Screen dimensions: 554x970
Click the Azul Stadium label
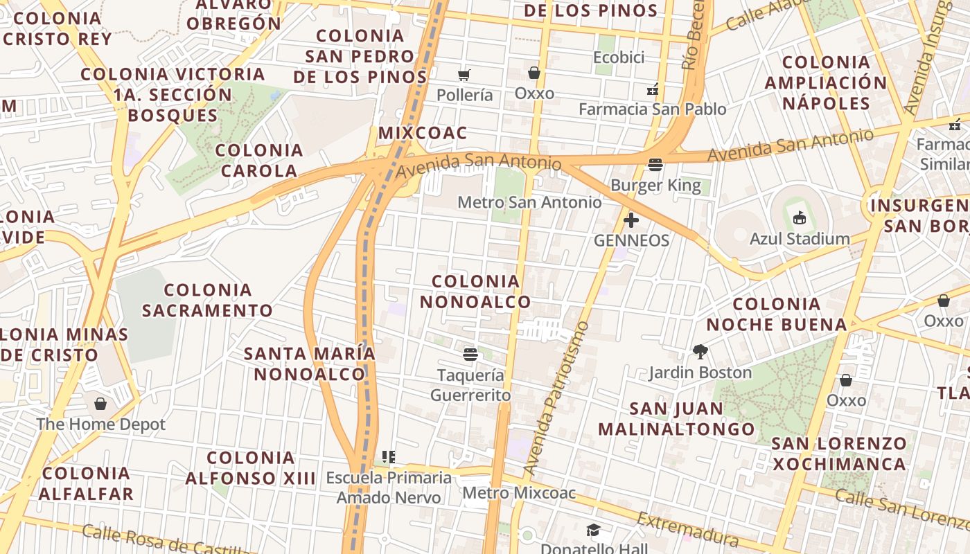(x=800, y=239)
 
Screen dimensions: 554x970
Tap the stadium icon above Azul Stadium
(x=800, y=218)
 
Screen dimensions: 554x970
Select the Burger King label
(x=655, y=186)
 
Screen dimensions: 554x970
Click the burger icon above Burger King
(x=655, y=165)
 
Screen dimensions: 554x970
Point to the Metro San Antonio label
(x=529, y=202)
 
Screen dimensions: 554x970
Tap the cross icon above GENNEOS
(x=631, y=220)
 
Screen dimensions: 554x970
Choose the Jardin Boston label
(x=700, y=373)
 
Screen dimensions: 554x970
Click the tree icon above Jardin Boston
(x=700, y=352)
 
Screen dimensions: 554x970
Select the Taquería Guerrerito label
(x=470, y=385)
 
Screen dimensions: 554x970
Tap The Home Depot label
(x=101, y=425)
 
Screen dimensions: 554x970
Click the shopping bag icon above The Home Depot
(x=101, y=404)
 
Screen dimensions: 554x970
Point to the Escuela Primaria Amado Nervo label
(x=389, y=488)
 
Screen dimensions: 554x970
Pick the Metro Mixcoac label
(x=519, y=493)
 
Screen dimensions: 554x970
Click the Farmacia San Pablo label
(x=652, y=109)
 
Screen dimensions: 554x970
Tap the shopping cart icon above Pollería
(x=464, y=74)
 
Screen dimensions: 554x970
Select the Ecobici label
(x=619, y=57)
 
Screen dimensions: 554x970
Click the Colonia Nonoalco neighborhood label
(x=475, y=292)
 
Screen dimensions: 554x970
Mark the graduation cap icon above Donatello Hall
(x=593, y=530)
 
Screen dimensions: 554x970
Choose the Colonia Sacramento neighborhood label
(x=208, y=300)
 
